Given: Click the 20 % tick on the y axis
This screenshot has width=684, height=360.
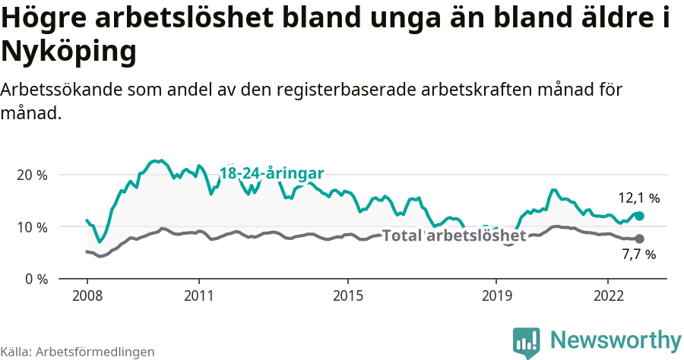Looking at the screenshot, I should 31,175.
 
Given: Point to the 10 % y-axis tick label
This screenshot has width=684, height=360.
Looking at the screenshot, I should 31,227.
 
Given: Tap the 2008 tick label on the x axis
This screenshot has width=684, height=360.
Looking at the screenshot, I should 87,295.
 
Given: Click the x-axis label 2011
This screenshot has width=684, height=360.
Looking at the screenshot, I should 198,295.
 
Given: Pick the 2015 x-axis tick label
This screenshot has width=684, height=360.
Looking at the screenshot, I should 347,295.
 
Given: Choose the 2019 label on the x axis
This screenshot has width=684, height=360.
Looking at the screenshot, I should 496,295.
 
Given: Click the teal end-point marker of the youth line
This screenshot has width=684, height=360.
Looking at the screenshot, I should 639,216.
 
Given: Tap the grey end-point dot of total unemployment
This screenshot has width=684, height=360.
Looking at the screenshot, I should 639,239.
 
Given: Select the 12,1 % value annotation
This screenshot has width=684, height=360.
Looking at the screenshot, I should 638,198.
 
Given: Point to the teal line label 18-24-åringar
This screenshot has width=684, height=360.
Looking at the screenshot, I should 272,173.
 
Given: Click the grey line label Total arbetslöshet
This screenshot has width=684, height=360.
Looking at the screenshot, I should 454,235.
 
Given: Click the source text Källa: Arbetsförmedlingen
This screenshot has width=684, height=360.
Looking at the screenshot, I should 78,352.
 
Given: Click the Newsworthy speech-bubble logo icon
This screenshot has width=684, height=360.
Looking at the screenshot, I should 526,342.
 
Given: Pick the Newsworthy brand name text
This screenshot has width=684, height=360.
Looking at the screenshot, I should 616,339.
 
